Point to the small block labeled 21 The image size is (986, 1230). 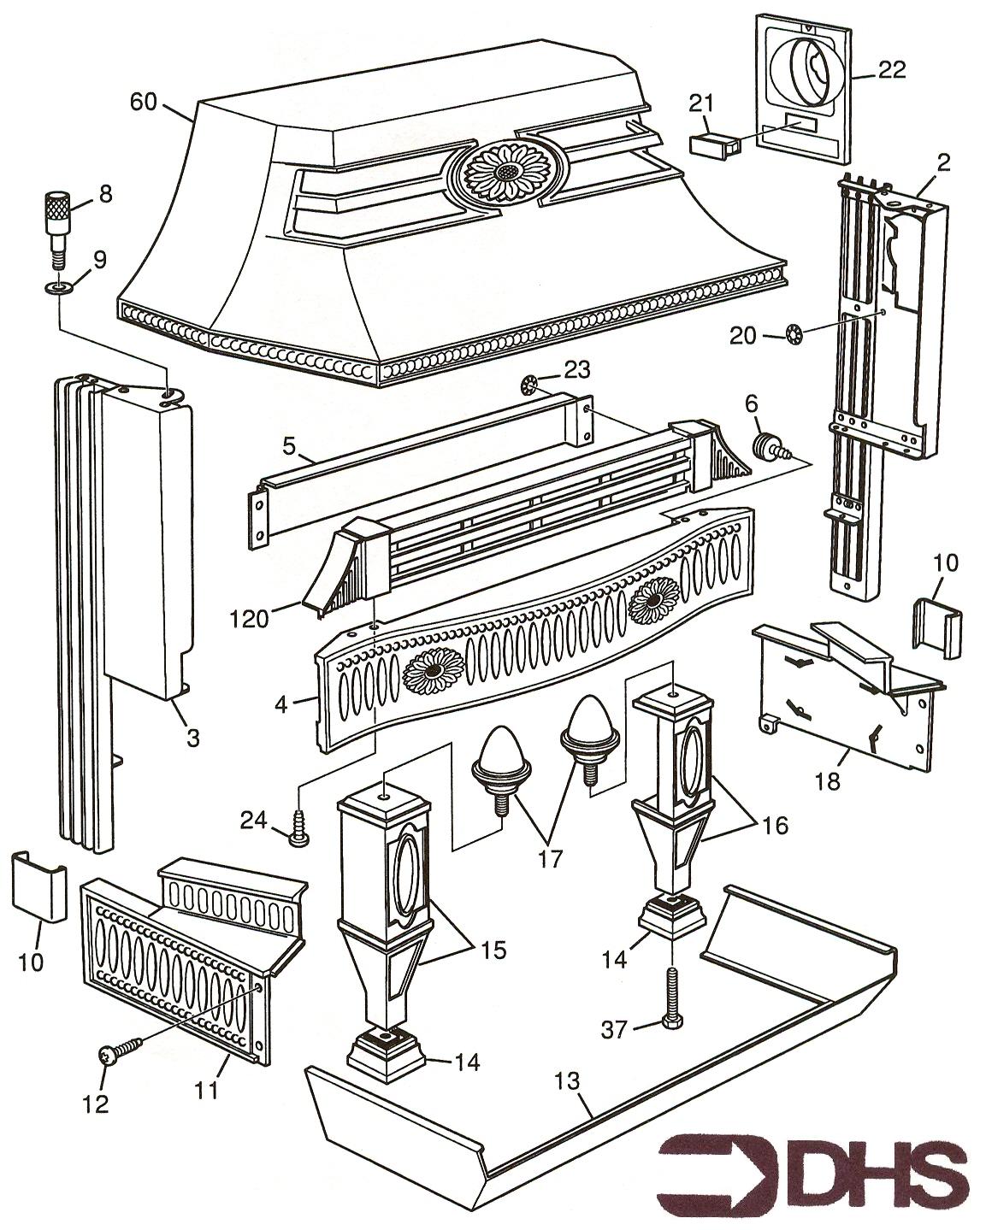tap(715, 142)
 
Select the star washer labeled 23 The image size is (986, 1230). tap(529, 385)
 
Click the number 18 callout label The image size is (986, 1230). tap(829, 780)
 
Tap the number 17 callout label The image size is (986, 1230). tap(551, 858)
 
